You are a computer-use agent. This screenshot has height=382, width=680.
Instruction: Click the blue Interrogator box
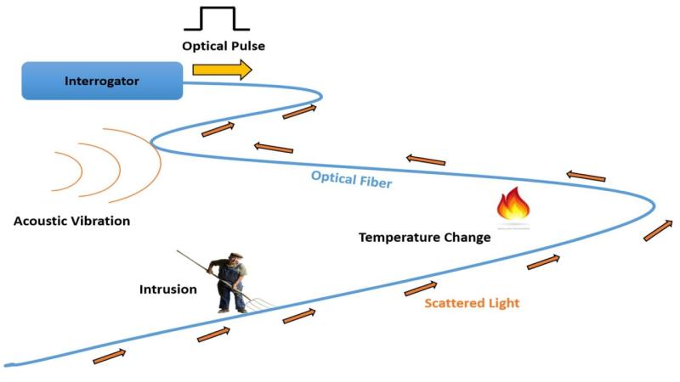pyautogui.click(x=101, y=81)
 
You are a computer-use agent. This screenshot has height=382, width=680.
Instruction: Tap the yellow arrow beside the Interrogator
pyautogui.click(x=222, y=70)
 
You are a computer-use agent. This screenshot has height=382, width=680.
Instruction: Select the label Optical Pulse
pyautogui.click(x=222, y=45)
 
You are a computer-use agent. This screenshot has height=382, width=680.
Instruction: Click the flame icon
pyautogui.click(x=513, y=205)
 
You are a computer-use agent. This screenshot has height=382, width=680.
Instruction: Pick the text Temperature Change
pyautogui.click(x=424, y=238)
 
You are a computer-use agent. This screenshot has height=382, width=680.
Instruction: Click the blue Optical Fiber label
pyautogui.click(x=351, y=179)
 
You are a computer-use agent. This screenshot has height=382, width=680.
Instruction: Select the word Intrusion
pyautogui.click(x=168, y=289)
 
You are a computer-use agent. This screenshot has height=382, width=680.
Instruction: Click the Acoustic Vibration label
pyautogui.click(x=71, y=222)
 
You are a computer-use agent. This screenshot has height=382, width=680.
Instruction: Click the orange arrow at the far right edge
pyautogui.click(x=655, y=229)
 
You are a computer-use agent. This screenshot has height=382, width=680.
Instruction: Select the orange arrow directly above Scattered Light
pyautogui.click(x=421, y=289)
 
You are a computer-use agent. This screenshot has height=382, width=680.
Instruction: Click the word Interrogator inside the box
pyautogui.click(x=101, y=81)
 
